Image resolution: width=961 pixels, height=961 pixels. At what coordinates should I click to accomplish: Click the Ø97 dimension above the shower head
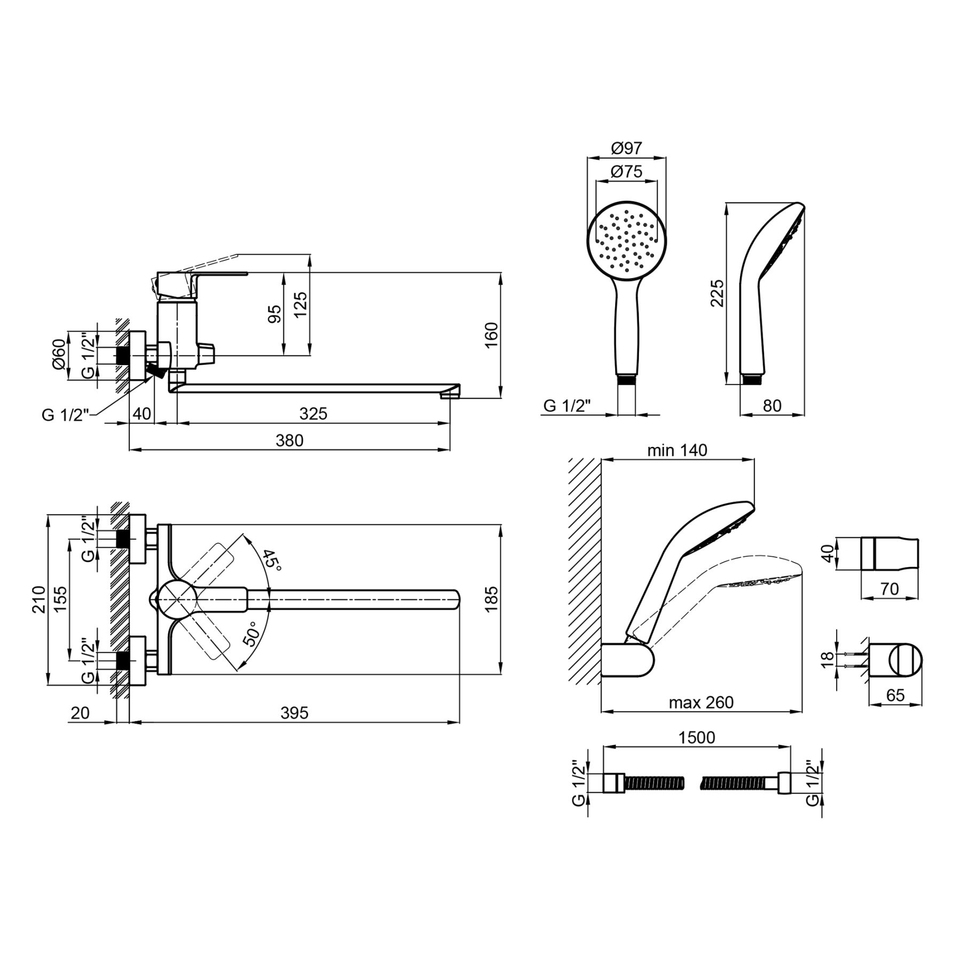(627, 148)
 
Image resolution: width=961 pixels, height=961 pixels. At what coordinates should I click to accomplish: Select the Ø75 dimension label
(626, 172)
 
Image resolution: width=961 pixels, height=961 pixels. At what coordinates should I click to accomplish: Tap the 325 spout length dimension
(313, 413)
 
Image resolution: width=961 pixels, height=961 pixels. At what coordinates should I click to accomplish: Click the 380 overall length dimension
(289, 440)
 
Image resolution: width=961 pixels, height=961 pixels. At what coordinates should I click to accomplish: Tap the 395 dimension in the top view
(295, 713)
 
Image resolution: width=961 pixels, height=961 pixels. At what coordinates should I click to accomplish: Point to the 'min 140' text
(677, 451)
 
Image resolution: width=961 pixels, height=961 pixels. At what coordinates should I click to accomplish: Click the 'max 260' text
(702, 702)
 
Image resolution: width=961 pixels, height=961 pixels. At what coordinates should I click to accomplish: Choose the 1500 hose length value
(697, 737)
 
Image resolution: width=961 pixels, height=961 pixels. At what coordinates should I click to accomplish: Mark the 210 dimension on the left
(38, 600)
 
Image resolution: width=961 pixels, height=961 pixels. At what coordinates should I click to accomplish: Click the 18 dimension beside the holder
(827, 659)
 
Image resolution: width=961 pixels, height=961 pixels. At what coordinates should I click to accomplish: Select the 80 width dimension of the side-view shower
(772, 406)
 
